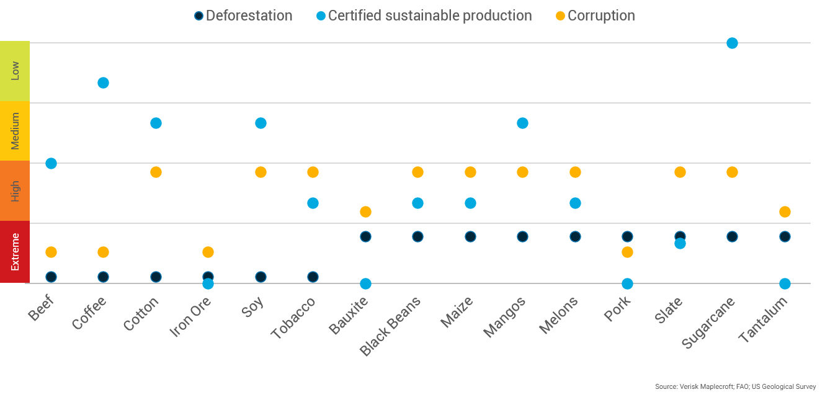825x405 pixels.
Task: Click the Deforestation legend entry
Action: click(243, 16)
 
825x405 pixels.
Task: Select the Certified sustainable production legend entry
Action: click(424, 16)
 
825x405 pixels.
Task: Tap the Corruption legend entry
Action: click(595, 16)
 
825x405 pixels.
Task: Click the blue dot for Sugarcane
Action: click(732, 43)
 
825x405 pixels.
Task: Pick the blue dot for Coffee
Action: click(104, 82)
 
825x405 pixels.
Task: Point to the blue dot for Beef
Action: click(51, 163)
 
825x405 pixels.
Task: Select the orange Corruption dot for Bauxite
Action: click(365, 211)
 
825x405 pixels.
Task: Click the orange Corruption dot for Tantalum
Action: click(785, 211)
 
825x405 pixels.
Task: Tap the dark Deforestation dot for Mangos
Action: click(522, 236)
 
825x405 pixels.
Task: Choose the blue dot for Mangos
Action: click(522, 123)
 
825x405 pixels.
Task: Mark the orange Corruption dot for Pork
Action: click(627, 252)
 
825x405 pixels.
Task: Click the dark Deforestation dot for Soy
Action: click(261, 277)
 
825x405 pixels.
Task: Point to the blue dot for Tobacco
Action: click(313, 203)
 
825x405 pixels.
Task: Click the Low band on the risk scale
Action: click(15, 71)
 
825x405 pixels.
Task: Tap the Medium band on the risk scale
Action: click(15, 131)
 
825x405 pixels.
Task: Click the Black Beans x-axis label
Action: click(391, 326)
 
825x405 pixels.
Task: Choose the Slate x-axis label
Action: click(669, 309)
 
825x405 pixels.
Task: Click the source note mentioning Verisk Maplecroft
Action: click(735, 386)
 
